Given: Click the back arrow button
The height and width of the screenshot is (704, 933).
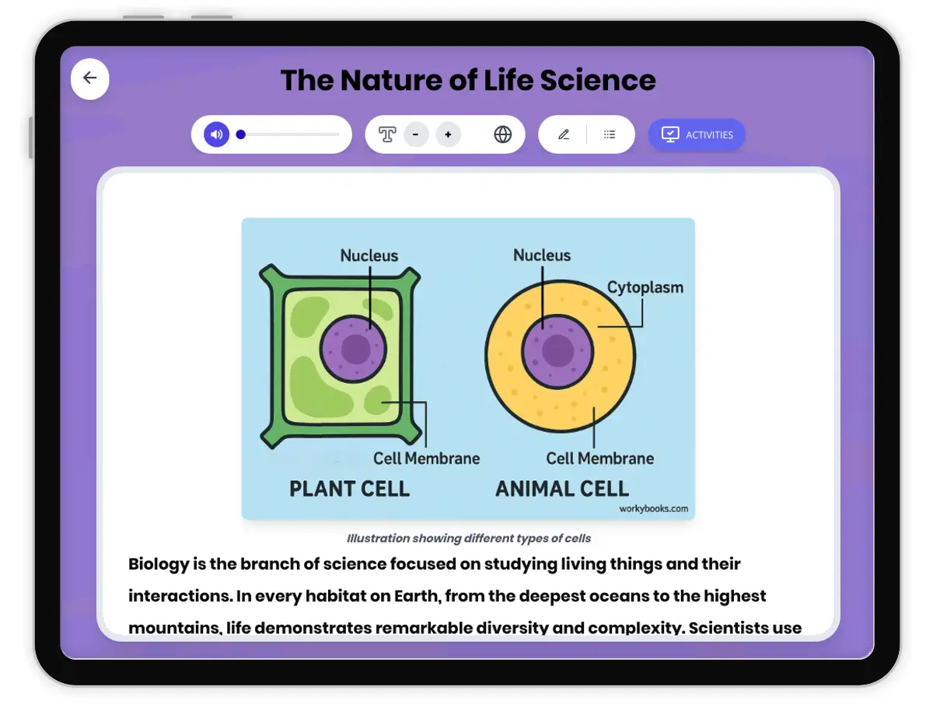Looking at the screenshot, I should click(x=90, y=78).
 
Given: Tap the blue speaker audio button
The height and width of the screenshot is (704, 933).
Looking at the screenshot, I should click(x=217, y=134).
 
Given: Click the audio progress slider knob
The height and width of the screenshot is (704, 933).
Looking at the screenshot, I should click(x=241, y=134).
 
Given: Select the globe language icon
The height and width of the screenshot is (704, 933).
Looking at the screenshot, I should click(x=503, y=134).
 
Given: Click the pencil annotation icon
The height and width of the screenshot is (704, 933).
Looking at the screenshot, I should click(x=564, y=134).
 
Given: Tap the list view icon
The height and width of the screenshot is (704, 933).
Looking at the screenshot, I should click(x=610, y=134).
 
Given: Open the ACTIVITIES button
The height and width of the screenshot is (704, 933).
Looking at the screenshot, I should click(x=697, y=134).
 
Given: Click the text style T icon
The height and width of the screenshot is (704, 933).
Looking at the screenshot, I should click(x=387, y=134).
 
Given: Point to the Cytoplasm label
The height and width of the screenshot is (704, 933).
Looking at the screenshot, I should click(x=645, y=288).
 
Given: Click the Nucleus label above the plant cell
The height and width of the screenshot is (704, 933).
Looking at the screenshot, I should click(x=369, y=256).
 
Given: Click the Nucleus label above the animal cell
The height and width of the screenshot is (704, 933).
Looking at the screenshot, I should click(x=542, y=256).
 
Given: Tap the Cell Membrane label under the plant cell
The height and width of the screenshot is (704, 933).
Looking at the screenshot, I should click(x=426, y=458).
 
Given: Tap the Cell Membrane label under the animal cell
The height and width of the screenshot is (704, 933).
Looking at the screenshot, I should click(x=599, y=458).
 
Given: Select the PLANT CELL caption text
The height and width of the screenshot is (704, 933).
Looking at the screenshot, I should click(x=349, y=489).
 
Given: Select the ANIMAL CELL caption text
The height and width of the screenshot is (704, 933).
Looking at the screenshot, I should click(x=562, y=489).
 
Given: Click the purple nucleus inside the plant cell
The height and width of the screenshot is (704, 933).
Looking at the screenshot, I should click(x=355, y=349).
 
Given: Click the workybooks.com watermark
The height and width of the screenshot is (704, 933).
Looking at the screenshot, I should click(x=653, y=509).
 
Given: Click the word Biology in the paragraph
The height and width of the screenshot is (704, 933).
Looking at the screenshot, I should click(x=159, y=564).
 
